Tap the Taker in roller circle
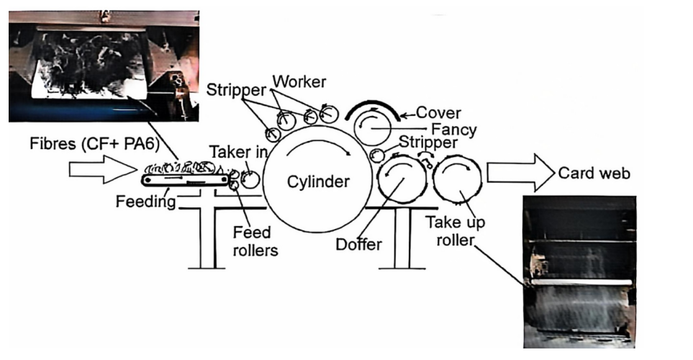251,178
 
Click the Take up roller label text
455,230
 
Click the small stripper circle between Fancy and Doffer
376,155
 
